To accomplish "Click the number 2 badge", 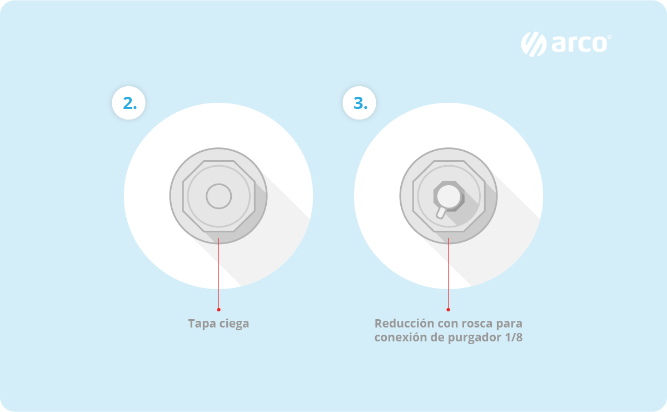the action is [x=128, y=103].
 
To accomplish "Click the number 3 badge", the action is [x=360, y=103].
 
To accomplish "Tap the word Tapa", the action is [x=201, y=324].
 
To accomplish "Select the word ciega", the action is [x=234, y=324].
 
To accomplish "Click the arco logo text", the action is [x=579, y=44].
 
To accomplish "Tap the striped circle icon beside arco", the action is [x=534, y=44].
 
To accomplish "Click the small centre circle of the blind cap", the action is [x=219, y=196].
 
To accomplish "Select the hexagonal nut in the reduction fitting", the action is [x=449, y=196].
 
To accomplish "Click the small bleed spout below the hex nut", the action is [x=441, y=213].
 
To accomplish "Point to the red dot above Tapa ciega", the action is [x=219, y=310].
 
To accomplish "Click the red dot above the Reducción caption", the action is [x=448, y=310].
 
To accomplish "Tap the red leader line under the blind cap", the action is [x=219, y=273].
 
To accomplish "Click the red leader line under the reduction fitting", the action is [x=448, y=273].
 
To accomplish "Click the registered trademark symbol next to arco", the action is [x=609, y=37].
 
